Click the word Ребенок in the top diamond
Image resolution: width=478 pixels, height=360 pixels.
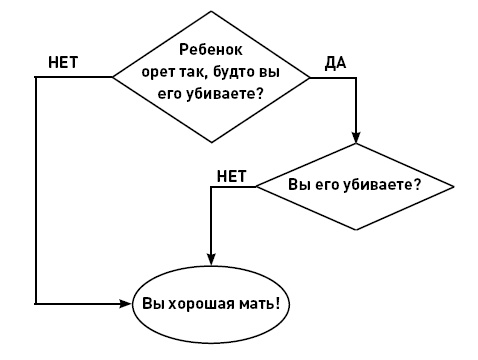[x=211, y=49]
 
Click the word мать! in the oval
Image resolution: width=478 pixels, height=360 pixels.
[x=254, y=302]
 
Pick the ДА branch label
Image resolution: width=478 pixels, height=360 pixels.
[x=335, y=63]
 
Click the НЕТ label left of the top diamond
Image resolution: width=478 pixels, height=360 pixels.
[x=63, y=62]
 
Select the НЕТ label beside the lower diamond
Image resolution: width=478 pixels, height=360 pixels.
[x=231, y=175]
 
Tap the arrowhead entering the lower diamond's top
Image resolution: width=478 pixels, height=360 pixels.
[x=356, y=137]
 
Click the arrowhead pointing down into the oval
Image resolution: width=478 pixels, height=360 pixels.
[x=209, y=262]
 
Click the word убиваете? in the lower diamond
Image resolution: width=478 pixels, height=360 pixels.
[x=390, y=185]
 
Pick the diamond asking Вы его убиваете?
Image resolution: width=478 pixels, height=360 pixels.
[x=356, y=186]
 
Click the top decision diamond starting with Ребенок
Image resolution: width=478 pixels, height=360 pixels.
[x=210, y=73]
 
